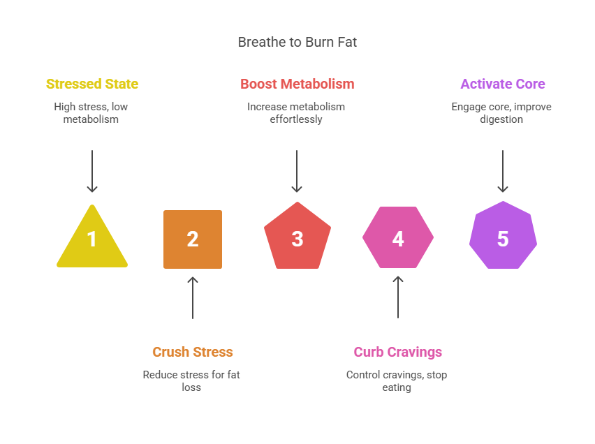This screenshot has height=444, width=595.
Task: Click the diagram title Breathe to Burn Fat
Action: point(297,42)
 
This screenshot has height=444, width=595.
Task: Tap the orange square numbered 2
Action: point(193,239)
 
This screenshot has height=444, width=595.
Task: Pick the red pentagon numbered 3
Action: point(297,237)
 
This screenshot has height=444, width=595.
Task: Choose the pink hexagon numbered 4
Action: point(398,237)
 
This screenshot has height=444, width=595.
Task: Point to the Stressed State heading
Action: point(92,84)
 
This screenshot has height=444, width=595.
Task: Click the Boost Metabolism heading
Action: point(297,84)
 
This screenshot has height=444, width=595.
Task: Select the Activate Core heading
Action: point(503,84)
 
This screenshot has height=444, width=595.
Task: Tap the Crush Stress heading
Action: point(193,352)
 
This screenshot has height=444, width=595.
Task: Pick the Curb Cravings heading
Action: point(398,352)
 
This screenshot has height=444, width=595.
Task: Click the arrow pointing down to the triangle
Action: point(92,171)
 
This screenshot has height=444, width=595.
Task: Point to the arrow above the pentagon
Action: point(297,171)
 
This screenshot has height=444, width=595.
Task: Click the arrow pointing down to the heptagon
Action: point(503,171)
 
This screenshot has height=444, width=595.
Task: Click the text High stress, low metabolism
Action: point(91,113)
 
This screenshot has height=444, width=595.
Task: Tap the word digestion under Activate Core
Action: point(502,119)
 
